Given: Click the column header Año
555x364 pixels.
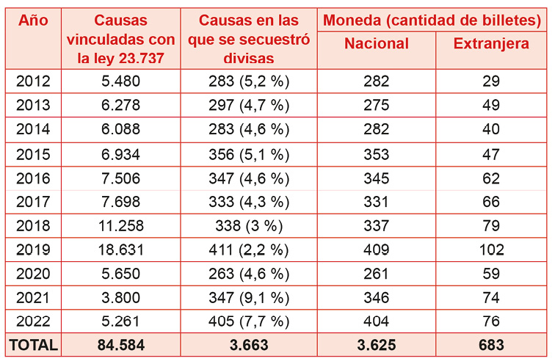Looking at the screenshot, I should (32, 20).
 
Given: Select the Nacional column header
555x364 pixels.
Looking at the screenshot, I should (376, 43).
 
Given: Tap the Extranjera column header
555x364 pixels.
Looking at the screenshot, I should (491, 43).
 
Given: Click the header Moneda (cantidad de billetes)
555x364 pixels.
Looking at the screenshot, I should (433, 20).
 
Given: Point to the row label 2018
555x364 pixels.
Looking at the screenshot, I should (32, 225).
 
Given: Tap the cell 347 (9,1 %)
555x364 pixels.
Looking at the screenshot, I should (249, 297).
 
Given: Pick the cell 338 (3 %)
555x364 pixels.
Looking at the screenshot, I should (249, 225).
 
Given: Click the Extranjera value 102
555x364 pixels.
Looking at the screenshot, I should (491, 249).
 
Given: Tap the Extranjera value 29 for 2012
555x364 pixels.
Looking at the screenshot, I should (491, 81).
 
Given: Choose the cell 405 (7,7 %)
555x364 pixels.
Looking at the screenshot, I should (249, 321).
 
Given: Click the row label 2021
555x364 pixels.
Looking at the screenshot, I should (32, 297).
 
